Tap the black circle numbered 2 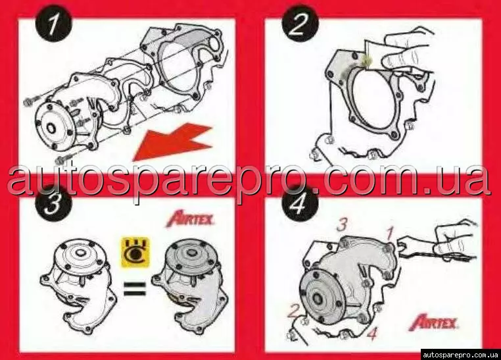(x=300, y=23)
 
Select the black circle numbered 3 (x=53, y=203)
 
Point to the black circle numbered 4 (x=300, y=203)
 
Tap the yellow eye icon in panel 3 (x=135, y=252)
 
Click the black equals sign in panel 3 (x=135, y=288)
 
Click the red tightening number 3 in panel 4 (x=342, y=224)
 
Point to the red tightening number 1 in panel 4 (x=389, y=233)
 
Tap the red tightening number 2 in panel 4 (x=294, y=311)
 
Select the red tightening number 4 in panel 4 (x=372, y=333)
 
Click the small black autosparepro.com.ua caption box (x=460, y=355)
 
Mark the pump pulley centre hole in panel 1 (x=51, y=128)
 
